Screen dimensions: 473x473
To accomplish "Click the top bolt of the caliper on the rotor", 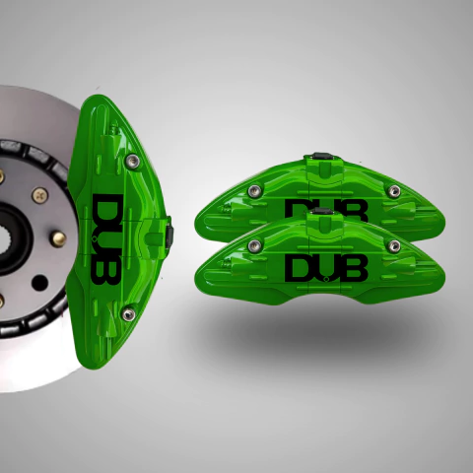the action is [x=132, y=161].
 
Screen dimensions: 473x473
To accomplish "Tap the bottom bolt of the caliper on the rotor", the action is [x=128, y=314].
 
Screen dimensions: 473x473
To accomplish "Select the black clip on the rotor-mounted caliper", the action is [x=169, y=233].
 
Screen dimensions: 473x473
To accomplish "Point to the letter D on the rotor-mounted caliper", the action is [x=107, y=206].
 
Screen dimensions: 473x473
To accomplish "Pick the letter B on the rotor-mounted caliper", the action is [x=106, y=271].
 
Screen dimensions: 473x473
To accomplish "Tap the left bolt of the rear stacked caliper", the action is [x=254, y=191].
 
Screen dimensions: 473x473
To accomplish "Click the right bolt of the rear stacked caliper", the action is [x=394, y=190].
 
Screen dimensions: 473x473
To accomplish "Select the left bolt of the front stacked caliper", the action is [x=254, y=245].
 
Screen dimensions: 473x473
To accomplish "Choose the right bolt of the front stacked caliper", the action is [x=394, y=245].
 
